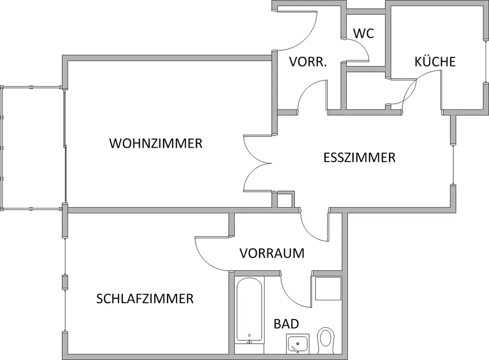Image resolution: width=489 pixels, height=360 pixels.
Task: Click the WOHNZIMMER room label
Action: (x=156, y=144)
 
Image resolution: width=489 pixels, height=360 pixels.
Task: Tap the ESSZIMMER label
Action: (x=359, y=158)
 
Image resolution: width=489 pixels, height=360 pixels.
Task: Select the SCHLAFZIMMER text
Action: (x=145, y=298)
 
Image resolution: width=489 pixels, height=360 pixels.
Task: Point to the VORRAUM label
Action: (x=272, y=253)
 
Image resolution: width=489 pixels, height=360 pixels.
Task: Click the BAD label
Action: (x=286, y=324)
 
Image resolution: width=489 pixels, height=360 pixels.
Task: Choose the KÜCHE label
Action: (x=435, y=62)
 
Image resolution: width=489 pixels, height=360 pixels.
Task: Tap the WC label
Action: (x=363, y=33)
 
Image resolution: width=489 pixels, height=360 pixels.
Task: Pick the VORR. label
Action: (x=308, y=62)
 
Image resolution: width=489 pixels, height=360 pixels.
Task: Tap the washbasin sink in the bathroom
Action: (x=298, y=344)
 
